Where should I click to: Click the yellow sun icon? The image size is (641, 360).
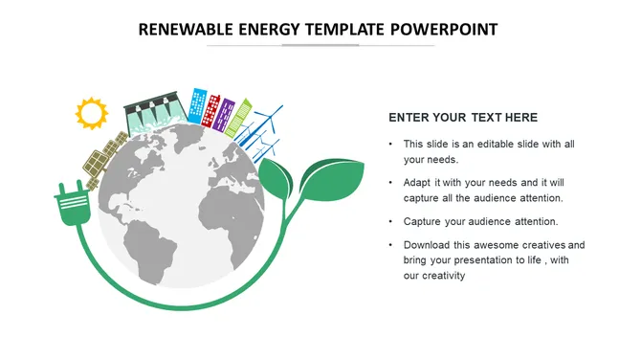(x=92, y=114)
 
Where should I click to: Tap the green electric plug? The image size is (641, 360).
(x=72, y=205)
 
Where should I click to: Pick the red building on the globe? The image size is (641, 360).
(x=214, y=109)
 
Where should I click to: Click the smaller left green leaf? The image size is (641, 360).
(x=276, y=179)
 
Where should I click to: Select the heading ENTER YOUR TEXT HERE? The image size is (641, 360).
(x=463, y=118)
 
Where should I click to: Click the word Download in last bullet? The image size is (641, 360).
(x=431, y=245)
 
